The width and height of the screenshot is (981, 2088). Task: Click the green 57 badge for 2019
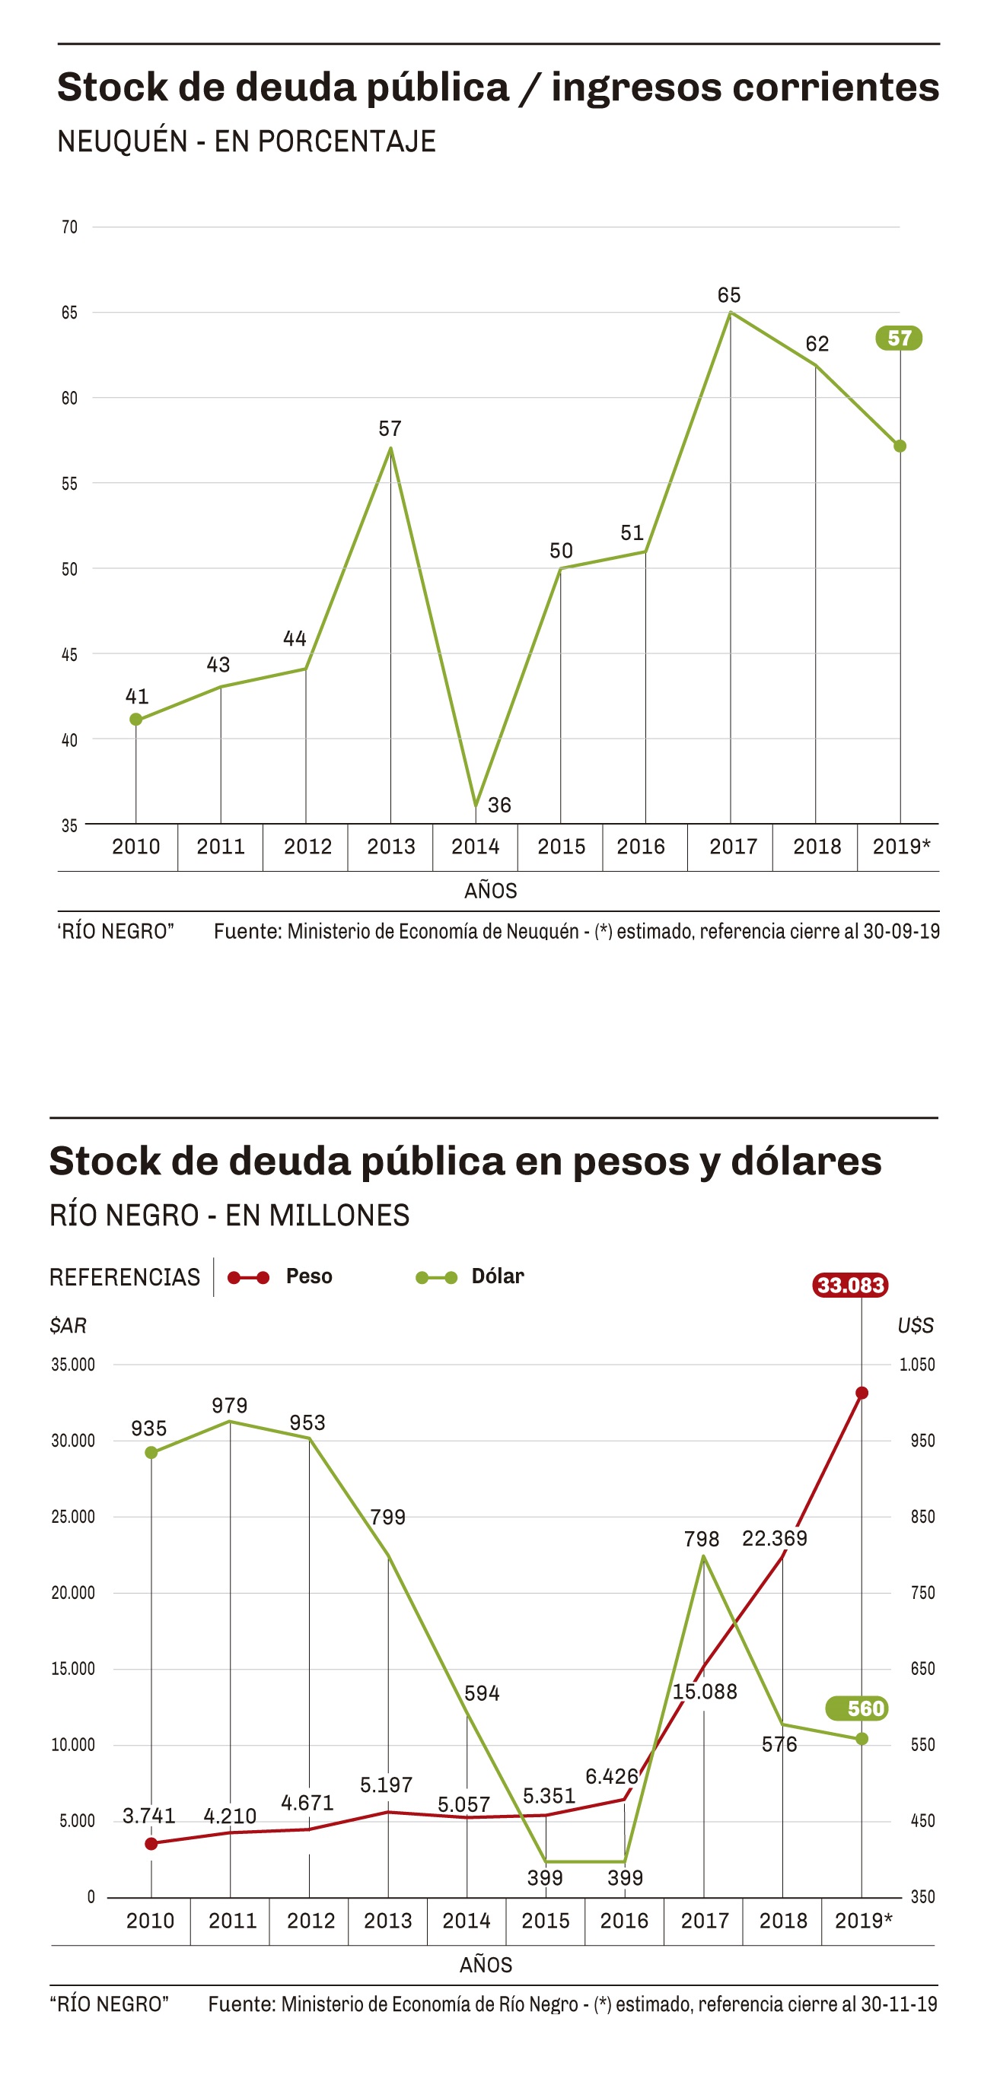point(898,338)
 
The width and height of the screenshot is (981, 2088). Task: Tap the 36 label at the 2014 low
point(498,805)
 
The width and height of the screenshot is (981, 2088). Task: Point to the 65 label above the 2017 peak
point(729,295)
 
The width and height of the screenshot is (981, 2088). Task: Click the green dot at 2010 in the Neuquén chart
point(136,719)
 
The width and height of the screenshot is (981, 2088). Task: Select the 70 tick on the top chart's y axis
point(70,227)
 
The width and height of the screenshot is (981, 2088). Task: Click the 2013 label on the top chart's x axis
point(390,846)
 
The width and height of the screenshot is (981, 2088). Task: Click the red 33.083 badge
point(849,1285)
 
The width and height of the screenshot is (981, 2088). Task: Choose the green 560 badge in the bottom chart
point(858,1708)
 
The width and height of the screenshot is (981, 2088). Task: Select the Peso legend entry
point(308,1276)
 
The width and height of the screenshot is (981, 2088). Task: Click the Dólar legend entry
point(497,1276)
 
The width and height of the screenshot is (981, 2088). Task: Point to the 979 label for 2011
point(229,1405)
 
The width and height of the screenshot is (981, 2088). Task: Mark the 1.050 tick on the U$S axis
point(916,1365)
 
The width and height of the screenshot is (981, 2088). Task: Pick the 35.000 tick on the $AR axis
point(73,1365)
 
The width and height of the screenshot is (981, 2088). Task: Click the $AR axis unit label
point(68,1325)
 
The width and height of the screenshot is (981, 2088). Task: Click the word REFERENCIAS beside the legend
point(125,1277)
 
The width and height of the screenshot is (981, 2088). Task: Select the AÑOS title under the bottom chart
point(486,1965)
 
